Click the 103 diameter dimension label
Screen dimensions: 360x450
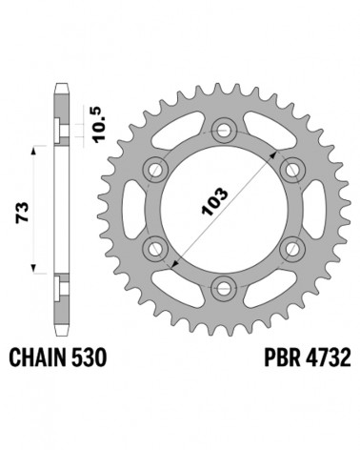click(215, 202)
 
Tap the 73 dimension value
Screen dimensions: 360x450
click(23, 212)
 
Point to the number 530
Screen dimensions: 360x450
click(90, 358)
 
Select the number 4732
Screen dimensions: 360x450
click(329, 358)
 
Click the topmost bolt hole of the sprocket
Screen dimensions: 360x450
click(224, 131)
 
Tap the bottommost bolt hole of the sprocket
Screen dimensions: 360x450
click(224, 288)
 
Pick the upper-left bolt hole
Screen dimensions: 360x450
click(155, 169)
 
